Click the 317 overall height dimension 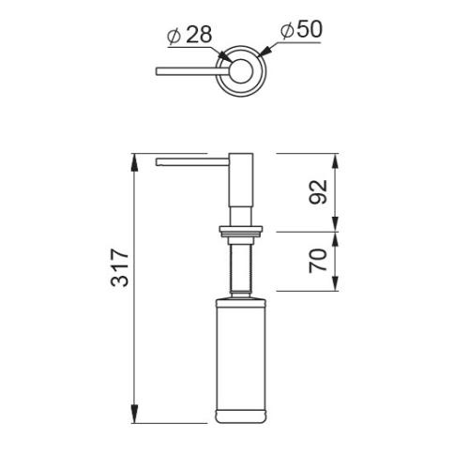[x=120, y=267]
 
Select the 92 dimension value [x=318, y=192]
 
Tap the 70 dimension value [x=318, y=261]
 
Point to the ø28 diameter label [x=189, y=34]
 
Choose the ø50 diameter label [x=301, y=30]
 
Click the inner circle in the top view [x=241, y=71]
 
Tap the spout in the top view [x=192, y=71]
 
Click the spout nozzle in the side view [x=192, y=162]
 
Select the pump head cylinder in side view [x=241, y=180]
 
